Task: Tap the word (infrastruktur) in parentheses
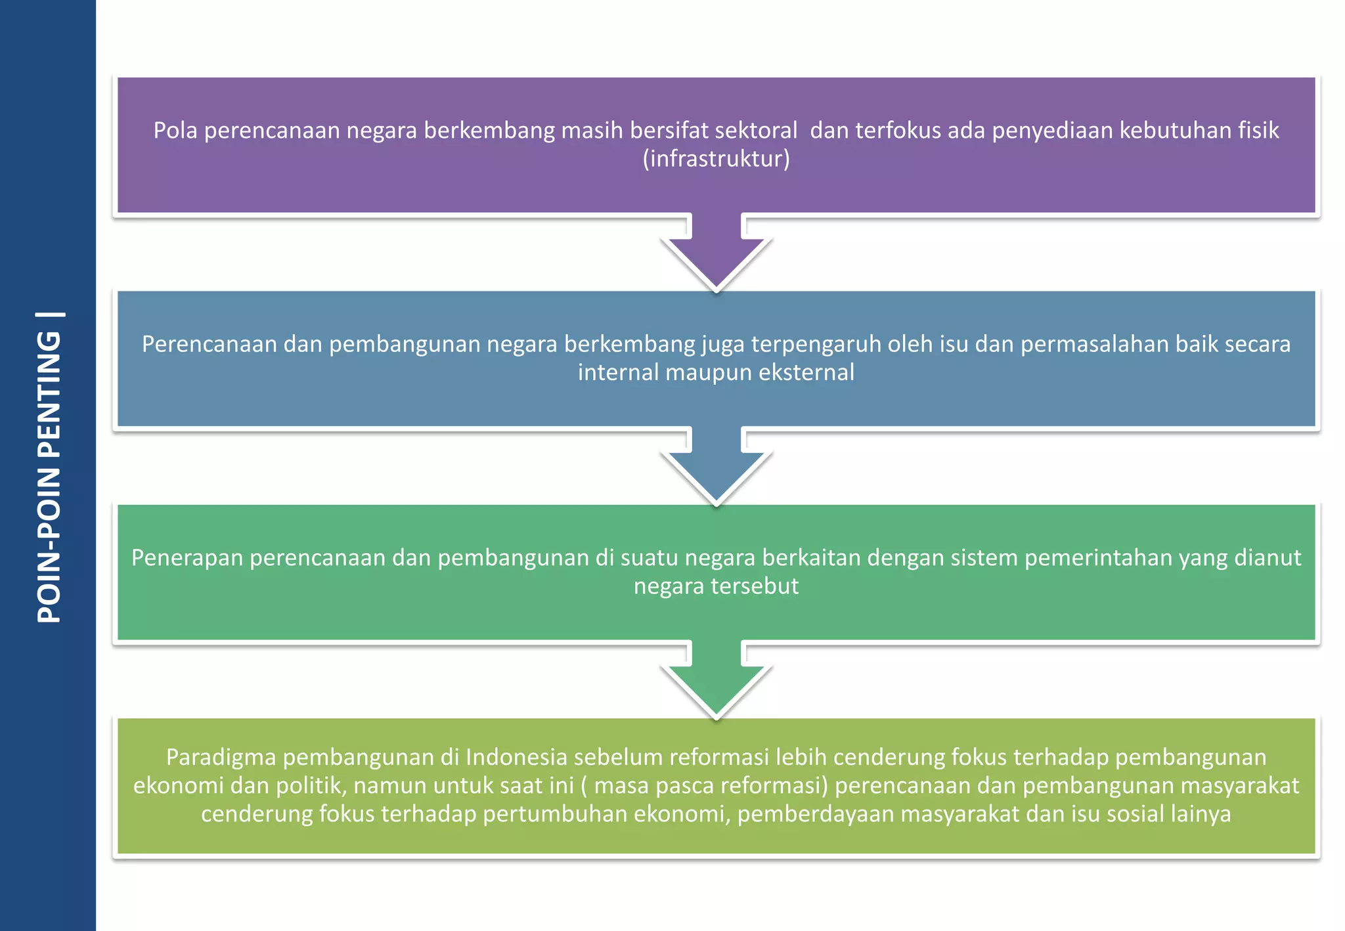point(716,159)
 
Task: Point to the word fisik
point(1259,131)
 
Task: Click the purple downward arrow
point(717,253)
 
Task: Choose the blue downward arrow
point(717,467)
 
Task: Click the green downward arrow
point(717,682)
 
